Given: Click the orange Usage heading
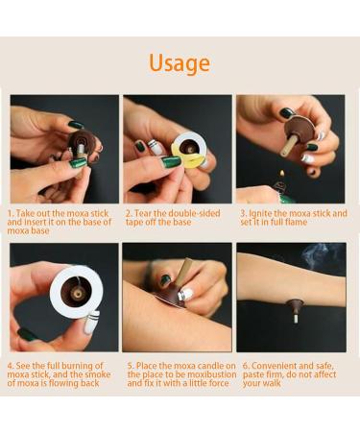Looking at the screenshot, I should point(180,63).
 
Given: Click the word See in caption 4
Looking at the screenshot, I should point(27,365).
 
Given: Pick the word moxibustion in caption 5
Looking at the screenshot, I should point(204,374).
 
